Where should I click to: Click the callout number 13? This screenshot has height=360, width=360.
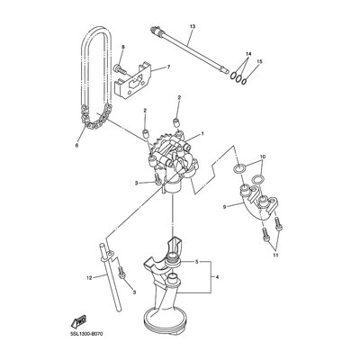(x=193, y=27)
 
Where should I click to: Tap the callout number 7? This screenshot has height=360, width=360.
(x=168, y=67)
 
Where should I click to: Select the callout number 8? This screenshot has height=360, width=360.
(x=123, y=47)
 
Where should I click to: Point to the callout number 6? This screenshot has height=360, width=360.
(x=76, y=146)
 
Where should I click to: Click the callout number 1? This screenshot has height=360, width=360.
(x=202, y=133)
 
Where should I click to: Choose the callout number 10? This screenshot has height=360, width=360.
(x=263, y=157)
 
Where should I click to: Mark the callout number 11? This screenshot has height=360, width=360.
(x=275, y=256)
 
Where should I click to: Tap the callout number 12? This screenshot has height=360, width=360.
(x=89, y=278)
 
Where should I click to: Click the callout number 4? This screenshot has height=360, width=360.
(x=217, y=277)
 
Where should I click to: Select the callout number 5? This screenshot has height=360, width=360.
(x=197, y=262)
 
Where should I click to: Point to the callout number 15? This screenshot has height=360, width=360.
(x=260, y=61)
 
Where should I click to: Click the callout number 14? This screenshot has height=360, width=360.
(x=248, y=54)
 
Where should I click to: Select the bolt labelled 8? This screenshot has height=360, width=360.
(x=120, y=68)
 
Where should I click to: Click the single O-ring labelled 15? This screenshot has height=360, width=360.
(x=245, y=80)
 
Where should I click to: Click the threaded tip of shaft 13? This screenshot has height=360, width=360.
(x=154, y=29)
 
